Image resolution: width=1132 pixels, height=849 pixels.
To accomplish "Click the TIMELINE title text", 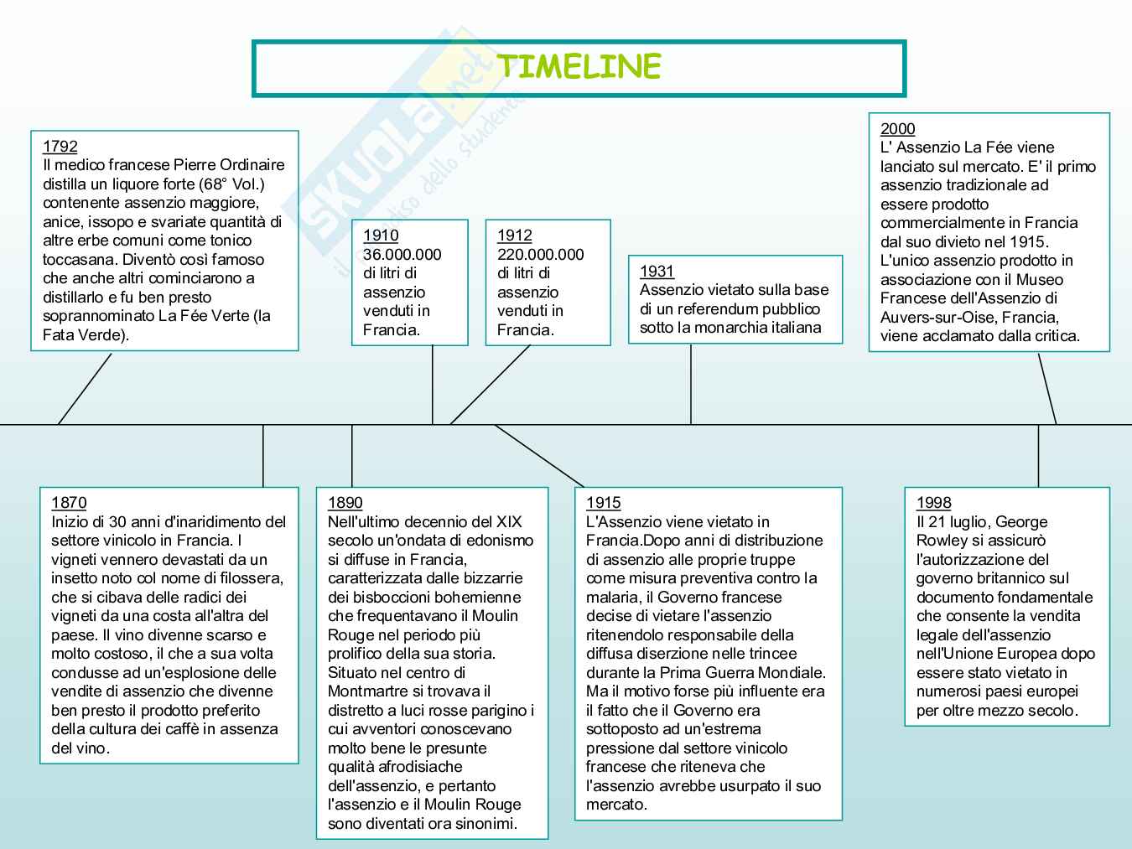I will pos(579,67).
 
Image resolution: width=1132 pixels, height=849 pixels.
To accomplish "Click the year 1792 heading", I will pos(60,147).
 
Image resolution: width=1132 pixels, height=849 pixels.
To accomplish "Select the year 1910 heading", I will pos(381,236).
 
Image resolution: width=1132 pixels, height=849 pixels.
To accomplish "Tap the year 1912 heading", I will pos(515,236).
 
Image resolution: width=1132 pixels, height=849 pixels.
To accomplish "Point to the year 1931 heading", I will pos(657,271).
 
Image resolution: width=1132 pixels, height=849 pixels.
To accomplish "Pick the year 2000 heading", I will pos(897,128).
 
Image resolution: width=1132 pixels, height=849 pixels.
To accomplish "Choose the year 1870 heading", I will pos(69,502).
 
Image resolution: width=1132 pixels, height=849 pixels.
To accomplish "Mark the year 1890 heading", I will pos(345,502).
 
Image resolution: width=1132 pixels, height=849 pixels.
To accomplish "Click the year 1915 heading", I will pos(603,502).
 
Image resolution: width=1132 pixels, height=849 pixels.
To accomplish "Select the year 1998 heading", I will pos(933,502).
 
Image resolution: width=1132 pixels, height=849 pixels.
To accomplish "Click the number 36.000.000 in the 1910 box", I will pos(402,254).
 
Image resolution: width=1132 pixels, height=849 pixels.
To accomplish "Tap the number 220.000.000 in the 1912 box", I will pos(540,254).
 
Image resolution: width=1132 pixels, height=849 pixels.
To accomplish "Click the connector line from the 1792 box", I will pos(85,389).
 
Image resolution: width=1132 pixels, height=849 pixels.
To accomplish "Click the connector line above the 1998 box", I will pos(1038,456).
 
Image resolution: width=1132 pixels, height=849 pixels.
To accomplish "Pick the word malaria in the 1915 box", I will pos(611,597).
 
